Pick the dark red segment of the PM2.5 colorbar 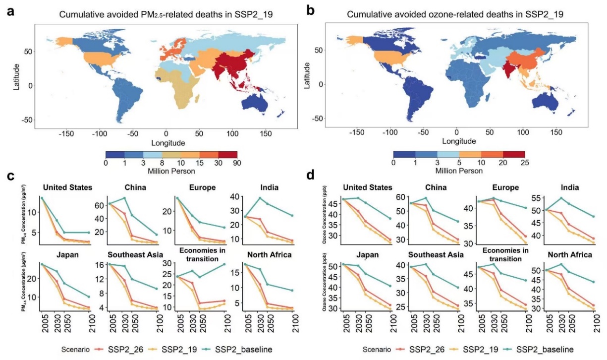(227, 155)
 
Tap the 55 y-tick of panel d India (534, 198)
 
